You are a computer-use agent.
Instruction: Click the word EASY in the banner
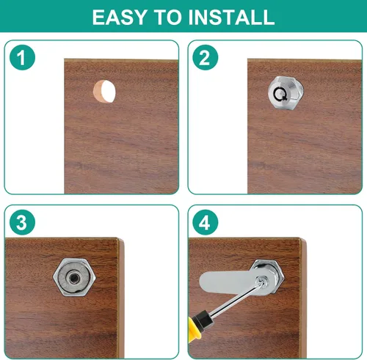120,17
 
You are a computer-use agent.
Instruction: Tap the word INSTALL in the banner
231,17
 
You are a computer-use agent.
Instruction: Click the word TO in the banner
167,17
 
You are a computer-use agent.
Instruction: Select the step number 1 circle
22,57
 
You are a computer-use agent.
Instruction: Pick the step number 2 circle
206,57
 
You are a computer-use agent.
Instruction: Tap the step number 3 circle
22,222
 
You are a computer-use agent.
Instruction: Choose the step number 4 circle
206,222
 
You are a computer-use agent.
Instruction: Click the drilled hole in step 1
104,91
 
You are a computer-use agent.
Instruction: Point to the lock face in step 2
286,93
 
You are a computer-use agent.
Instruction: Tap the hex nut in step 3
74,277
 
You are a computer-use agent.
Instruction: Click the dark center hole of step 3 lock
73,278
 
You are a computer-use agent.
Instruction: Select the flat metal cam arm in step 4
233,283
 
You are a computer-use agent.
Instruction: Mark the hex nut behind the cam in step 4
269,276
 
